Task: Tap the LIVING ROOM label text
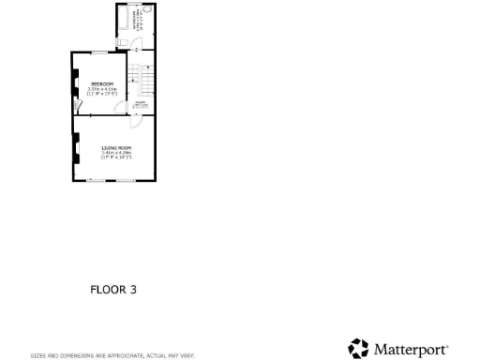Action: pyautogui.click(x=116, y=149)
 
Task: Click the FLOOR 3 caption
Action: pyautogui.click(x=113, y=290)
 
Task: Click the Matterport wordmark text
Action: pyautogui.click(x=412, y=350)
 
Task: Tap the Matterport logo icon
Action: pyautogui.click(x=357, y=349)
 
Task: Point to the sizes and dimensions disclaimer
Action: pyautogui.click(x=112, y=355)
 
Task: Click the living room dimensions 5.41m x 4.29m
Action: pyautogui.click(x=116, y=155)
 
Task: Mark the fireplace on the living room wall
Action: pyautogui.click(x=74, y=149)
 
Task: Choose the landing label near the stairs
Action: pyautogui.click(x=139, y=105)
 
